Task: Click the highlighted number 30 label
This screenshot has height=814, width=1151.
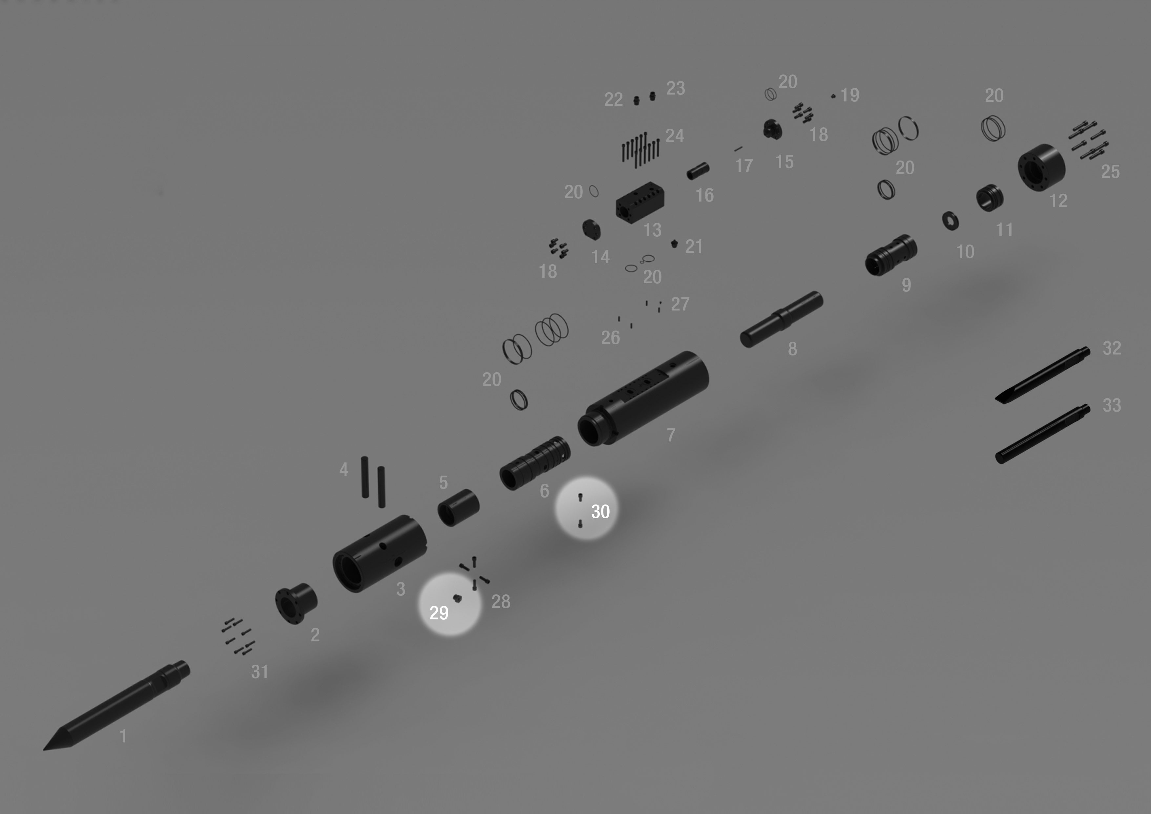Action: [600, 512]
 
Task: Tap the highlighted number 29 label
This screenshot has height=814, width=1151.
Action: [439, 613]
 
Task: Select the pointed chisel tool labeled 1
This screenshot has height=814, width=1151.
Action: [116, 706]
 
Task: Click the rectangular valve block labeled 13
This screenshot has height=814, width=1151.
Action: [640, 203]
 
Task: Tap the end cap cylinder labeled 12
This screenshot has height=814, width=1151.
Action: [1041, 167]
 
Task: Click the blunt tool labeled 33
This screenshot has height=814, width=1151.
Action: [1042, 434]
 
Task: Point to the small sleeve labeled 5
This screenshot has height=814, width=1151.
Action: [458, 507]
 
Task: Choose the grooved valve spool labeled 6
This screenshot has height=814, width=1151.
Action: [535, 463]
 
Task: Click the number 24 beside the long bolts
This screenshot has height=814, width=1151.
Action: [675, 136]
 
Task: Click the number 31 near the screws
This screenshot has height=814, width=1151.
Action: [260, 672]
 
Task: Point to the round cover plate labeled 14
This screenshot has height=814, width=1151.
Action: [592, 230]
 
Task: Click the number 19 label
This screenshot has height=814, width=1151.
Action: [850, 95]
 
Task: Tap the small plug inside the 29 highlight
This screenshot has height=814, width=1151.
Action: [457, 598]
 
